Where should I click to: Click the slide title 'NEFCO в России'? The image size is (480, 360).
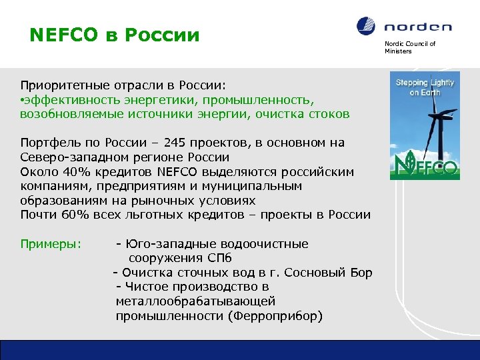click(x=114, y=34)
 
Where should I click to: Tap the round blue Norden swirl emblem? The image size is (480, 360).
click(x=366, y=27)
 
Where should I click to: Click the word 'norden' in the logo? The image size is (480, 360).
click(x=417, y=27)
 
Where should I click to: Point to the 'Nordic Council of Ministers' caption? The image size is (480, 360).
click(x=409, y=47)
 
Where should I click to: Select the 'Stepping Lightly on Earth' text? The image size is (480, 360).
click(x=425, y=87)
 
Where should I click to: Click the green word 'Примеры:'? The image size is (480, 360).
click(x=51, y=244)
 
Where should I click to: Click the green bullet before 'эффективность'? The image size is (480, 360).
click(x=23, y=101)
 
